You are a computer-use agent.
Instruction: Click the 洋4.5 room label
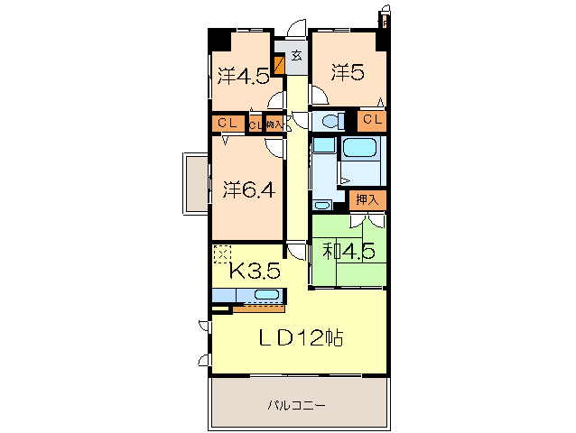(x=241, y=75)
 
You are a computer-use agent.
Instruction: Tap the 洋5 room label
(x=347, y=72)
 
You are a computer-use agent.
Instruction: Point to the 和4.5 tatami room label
(x=349, y=253)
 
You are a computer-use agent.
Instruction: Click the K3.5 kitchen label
(x=253, y=270)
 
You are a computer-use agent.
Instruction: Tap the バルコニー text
(x=297, y=404)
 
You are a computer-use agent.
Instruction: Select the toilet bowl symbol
(x=330, y=121)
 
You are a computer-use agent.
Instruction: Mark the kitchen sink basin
(x=266, y=295)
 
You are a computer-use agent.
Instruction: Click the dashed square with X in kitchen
(x=222, y=253)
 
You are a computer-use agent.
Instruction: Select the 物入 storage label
(x=274, y=124)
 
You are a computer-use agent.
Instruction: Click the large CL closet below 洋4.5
(x=227, y=124)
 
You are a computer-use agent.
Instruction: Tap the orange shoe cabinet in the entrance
(x=279, y=65)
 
